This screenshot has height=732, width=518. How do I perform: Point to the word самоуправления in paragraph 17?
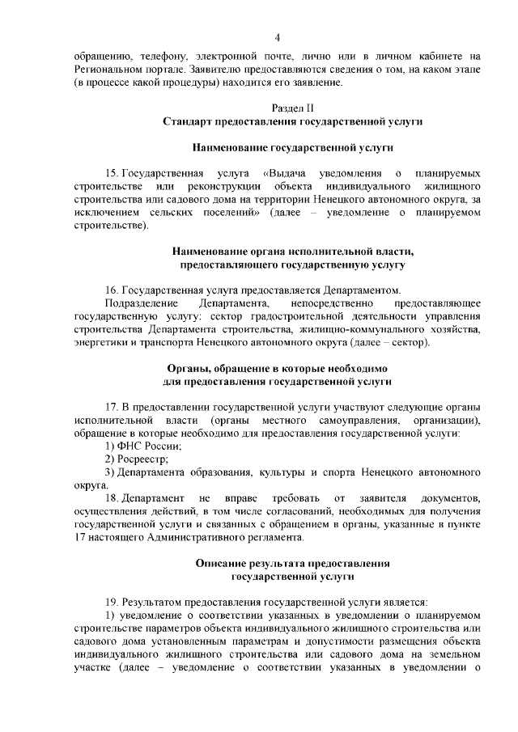(x=355, y=421)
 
